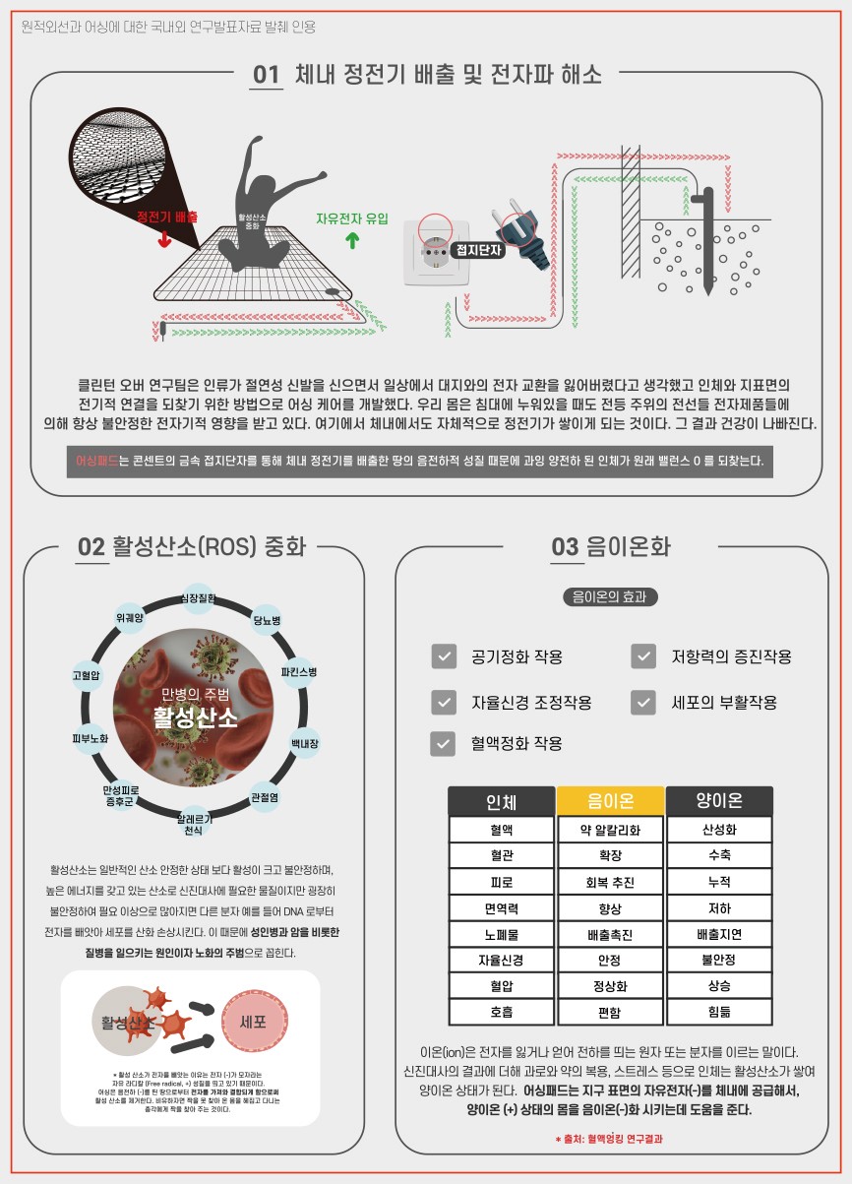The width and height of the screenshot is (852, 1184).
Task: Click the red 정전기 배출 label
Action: (167, 217)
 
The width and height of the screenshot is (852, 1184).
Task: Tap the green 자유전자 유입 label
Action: (352, 218)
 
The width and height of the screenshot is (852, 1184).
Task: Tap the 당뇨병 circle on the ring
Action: (268, 620)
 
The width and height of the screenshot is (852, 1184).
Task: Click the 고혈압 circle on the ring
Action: (86, 675)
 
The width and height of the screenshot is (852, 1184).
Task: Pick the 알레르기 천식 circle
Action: (193, 825)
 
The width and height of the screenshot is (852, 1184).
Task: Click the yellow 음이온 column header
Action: (610, 801)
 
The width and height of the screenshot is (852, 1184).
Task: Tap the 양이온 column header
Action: (719, 801)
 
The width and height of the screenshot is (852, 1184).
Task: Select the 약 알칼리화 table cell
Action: (610, 830)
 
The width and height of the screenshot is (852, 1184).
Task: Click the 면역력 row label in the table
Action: (502, 908)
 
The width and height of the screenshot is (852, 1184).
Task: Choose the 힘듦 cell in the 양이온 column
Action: (719, 1012)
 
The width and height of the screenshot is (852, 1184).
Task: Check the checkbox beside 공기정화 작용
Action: (443, 656)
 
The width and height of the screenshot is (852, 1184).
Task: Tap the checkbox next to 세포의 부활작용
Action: (643, 702)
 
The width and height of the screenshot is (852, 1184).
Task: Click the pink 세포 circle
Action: (254, 1021)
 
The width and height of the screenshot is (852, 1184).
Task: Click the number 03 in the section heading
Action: (565, 547)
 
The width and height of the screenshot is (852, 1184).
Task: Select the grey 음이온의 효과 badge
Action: (609, 596)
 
